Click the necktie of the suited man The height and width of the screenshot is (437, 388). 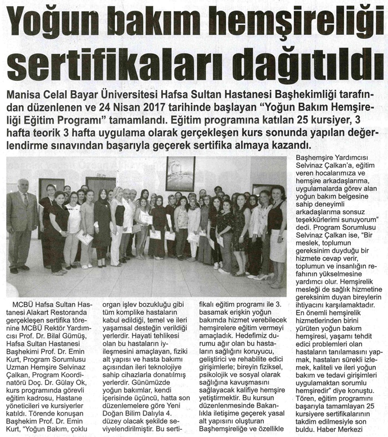coord(24,200)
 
